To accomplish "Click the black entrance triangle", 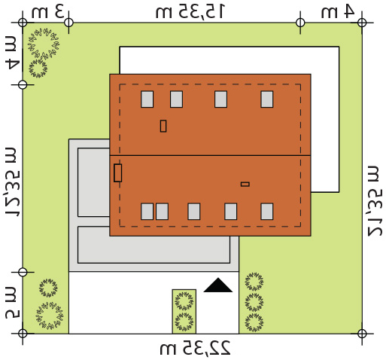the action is coord(218,286).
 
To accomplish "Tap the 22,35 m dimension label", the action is coord(195,347).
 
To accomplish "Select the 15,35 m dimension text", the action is coord(190,11).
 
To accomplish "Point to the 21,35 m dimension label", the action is coord(375,201).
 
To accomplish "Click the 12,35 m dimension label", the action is coord(11,182).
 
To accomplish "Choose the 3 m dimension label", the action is coord(47,12).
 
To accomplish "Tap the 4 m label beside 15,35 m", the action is coord(338,11).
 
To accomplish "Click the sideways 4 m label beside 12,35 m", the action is coord(11,53).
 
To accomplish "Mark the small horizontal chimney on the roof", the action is coord(245,185).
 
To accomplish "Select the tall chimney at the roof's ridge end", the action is coord(118,173).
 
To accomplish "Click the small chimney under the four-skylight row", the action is coord(163,126).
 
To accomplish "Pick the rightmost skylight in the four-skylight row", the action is coord(267,99).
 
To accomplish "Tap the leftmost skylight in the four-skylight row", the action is coord(147,99).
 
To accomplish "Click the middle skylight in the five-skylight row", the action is coord(194,212).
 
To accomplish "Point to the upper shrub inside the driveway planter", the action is coord(184,301).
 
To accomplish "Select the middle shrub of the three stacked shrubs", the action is coord(254,303).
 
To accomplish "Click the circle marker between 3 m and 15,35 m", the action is coord(68,23).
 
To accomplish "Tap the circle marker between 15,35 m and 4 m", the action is coord(300,23).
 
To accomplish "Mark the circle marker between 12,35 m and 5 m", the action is coord(23,272).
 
